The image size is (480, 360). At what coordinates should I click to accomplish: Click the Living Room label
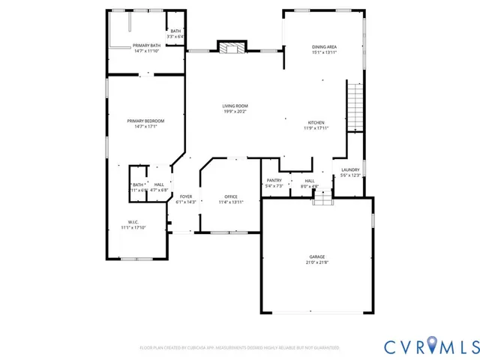[234, 106]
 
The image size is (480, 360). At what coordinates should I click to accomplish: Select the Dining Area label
[324, 47]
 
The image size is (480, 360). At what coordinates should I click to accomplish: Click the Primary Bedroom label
[145, 121]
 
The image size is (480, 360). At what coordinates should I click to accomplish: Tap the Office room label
[231, 196]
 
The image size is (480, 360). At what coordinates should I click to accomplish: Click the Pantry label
[274, 180]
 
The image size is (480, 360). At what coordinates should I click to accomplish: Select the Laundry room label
[350, 170]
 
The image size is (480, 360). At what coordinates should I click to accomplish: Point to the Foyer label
[185, 196]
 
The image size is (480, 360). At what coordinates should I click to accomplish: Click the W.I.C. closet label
[133, 222]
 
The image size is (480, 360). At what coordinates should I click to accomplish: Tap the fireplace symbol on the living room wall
[231, 47]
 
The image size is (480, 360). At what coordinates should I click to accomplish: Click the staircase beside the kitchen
[354, 106]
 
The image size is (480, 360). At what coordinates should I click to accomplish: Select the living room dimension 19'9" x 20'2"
[234, 112]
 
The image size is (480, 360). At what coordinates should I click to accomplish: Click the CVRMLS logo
[430, 346]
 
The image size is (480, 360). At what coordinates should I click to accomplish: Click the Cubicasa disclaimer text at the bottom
[239, 348]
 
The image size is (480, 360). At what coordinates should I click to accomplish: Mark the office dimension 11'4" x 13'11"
[231, 202]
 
